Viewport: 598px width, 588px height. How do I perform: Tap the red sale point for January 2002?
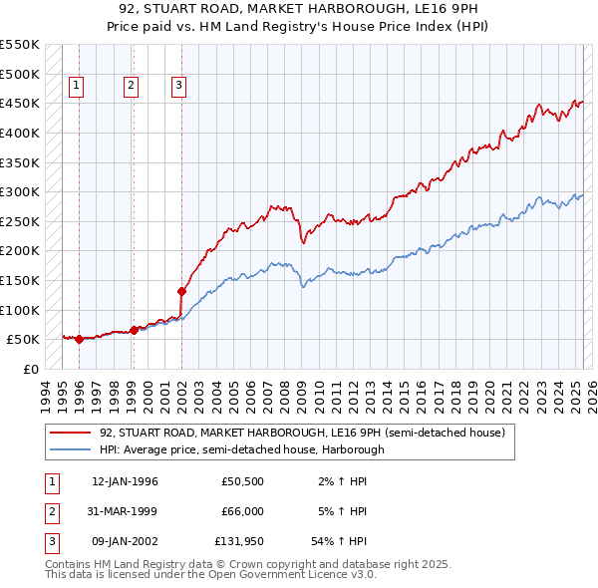pos(182,292)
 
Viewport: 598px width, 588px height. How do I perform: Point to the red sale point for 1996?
pos(79,339)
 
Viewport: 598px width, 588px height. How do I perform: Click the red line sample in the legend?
pos(72,433)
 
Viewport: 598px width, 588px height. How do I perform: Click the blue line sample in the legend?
pos(72,449)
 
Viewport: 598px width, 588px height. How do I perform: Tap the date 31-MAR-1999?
pos(124,511)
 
